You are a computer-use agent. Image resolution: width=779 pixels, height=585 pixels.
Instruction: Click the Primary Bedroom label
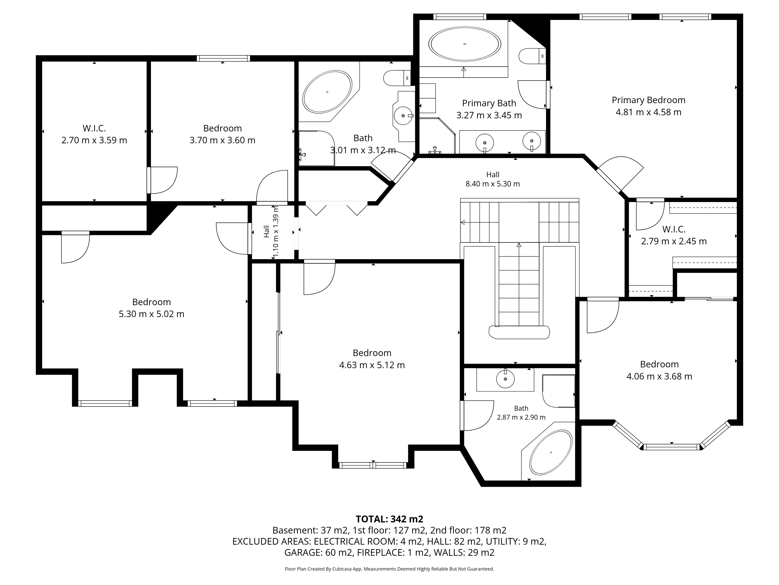[648, 100]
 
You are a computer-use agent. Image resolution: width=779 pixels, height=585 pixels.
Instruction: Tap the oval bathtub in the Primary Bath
[464, 44]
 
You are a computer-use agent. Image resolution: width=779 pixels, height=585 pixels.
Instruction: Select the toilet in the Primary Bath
[532, 56]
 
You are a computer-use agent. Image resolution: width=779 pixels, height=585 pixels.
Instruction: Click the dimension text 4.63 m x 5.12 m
[372, 365]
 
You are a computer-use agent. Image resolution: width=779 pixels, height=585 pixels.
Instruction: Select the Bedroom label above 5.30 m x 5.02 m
[152, 302]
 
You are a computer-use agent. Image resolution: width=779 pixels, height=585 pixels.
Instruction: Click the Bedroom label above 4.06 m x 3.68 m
[659, 364]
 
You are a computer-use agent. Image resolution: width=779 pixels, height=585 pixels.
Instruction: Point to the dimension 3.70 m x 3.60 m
[222, 140]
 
